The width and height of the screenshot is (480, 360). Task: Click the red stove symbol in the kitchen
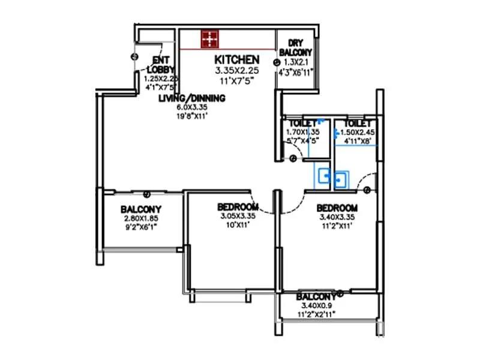(209, 39)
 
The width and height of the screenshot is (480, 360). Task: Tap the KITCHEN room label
(237, 59)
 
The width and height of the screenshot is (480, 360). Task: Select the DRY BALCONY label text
(295, 47)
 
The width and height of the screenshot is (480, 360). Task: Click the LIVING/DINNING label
(191, 98)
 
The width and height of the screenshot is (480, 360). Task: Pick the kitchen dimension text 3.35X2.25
(237, 70)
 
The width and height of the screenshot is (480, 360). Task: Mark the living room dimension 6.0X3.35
(191, 108)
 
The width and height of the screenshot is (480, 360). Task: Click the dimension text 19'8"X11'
(191, 117)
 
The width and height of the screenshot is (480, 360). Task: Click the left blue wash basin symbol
(324, 176)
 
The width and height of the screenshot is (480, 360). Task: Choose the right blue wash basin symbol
(341, 179)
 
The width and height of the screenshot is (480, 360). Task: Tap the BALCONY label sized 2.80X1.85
(141, 209)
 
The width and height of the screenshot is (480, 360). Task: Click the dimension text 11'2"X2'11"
(317, 314)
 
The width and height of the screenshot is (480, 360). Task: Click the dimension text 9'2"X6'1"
(141, 227)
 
